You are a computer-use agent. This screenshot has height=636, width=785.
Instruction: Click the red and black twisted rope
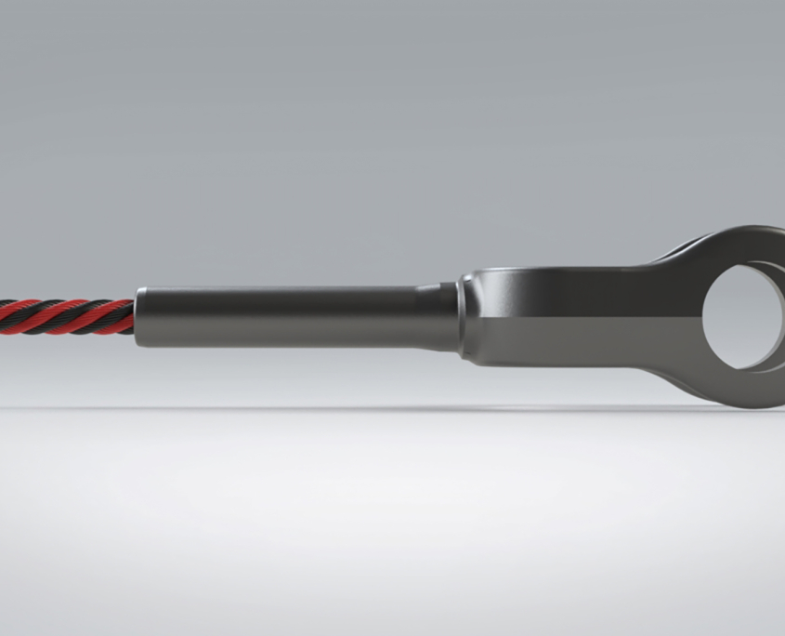coord(65,317)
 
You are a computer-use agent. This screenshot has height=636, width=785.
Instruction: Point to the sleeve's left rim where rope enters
coord(140,317)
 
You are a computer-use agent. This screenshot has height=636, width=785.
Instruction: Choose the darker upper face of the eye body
coord(576,292)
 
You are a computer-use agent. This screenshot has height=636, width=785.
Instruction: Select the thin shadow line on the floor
coord(372,407)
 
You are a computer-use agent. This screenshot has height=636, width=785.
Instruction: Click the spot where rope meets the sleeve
coord(134,317)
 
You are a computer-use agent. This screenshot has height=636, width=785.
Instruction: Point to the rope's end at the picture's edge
coord(3,316)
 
